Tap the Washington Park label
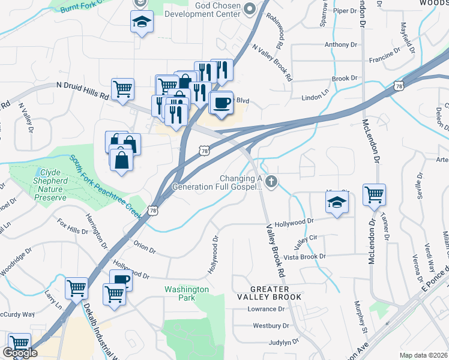(187, 293)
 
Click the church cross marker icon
(272, 181)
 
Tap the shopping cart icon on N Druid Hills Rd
(122, 89)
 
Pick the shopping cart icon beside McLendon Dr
(374, 194)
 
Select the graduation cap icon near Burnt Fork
(141, 22)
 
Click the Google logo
(20, 353)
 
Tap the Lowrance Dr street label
(266, 310)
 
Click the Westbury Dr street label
(271, 326)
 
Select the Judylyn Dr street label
(284, 342)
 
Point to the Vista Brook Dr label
(304, 256)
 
